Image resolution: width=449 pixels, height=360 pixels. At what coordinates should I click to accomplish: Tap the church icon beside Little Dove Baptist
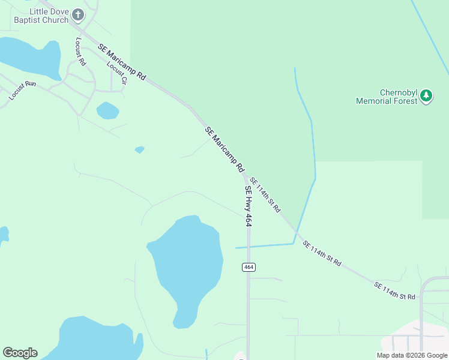click(x=78, y=14)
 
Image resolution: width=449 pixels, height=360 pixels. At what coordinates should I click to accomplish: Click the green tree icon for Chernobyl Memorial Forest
click(x=426, y=95)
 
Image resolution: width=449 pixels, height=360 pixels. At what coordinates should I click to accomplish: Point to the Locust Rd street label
click(x=81, y=51)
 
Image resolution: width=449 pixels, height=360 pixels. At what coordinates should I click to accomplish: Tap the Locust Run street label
click(x=23, y=90)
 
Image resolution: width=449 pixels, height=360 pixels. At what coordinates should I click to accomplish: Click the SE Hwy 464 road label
click(x=248, y=205)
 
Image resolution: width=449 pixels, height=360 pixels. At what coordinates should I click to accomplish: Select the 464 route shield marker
click(x=249, y=266)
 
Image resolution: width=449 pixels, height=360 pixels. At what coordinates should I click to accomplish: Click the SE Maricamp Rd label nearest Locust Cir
click(x=122, y=60)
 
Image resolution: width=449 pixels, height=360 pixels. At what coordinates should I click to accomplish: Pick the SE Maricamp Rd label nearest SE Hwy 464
click(x=224, y=148)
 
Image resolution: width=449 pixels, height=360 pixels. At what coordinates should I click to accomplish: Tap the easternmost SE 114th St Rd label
click(x=395, y=291)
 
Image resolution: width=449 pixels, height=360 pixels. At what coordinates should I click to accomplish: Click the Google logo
click(x=20, y=353)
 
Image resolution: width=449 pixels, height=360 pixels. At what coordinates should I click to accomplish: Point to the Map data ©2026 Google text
click(x=411, y=355)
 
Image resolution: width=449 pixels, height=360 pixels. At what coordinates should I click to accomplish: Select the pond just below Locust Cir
click(x=107, y=110)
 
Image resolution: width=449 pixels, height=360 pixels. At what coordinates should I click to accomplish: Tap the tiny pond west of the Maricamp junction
click(x=139, y=149)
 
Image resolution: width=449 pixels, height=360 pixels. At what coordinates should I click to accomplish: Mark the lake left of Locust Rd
click(x=30, y=57)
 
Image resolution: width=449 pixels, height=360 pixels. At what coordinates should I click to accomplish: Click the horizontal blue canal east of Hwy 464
click(x=264, y=246)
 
